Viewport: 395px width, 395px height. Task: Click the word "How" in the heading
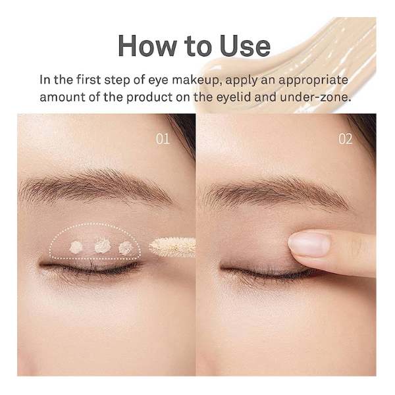147,46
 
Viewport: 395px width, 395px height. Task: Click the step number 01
163,138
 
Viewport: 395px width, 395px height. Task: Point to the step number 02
345,138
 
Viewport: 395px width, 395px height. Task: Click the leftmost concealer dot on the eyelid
76,247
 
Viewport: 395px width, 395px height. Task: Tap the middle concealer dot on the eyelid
103,245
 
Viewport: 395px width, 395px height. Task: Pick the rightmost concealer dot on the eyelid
126,248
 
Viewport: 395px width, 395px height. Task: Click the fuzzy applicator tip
172,247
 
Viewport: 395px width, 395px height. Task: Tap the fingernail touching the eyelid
309,244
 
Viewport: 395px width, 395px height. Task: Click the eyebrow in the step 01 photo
95,187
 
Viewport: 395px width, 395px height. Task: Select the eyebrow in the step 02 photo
276,193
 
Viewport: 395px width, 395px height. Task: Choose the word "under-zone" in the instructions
315,97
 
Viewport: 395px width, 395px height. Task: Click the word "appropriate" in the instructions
313,81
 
